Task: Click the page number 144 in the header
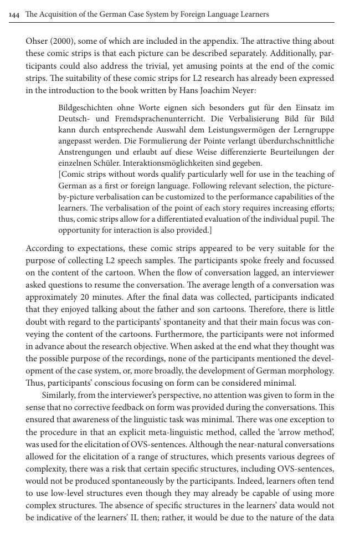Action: click(x=14, y=14)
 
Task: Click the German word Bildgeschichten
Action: click(x=85, y=107)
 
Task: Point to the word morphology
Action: click(x=312, y=370)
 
